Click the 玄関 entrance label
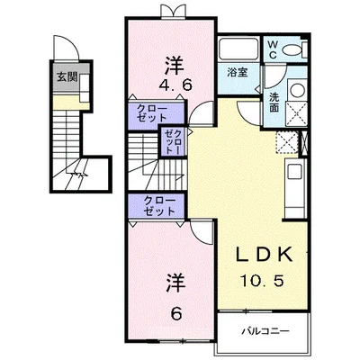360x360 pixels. pos(67,77)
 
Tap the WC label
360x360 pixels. pos(273,49)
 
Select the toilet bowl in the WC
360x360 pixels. pos(292,50)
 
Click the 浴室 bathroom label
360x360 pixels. pos(238,72)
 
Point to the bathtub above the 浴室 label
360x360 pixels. pos(238,49)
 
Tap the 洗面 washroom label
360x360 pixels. pos(274,102)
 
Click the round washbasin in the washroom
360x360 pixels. pos(297,90)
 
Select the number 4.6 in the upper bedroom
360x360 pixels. pos(175,86)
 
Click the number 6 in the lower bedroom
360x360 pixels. pos(176,314)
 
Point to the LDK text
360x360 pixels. pos(264,255)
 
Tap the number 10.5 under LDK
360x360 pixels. pos(261,281)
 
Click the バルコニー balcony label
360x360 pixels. pos(265,331)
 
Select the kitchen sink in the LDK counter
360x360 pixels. pos(294,173)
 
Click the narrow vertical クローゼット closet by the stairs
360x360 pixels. pos(173,141)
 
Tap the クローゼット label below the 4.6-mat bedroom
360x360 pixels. pos(152,112)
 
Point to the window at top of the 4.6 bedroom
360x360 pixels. pos(171,11)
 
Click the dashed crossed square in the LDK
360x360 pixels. pos(287,142)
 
